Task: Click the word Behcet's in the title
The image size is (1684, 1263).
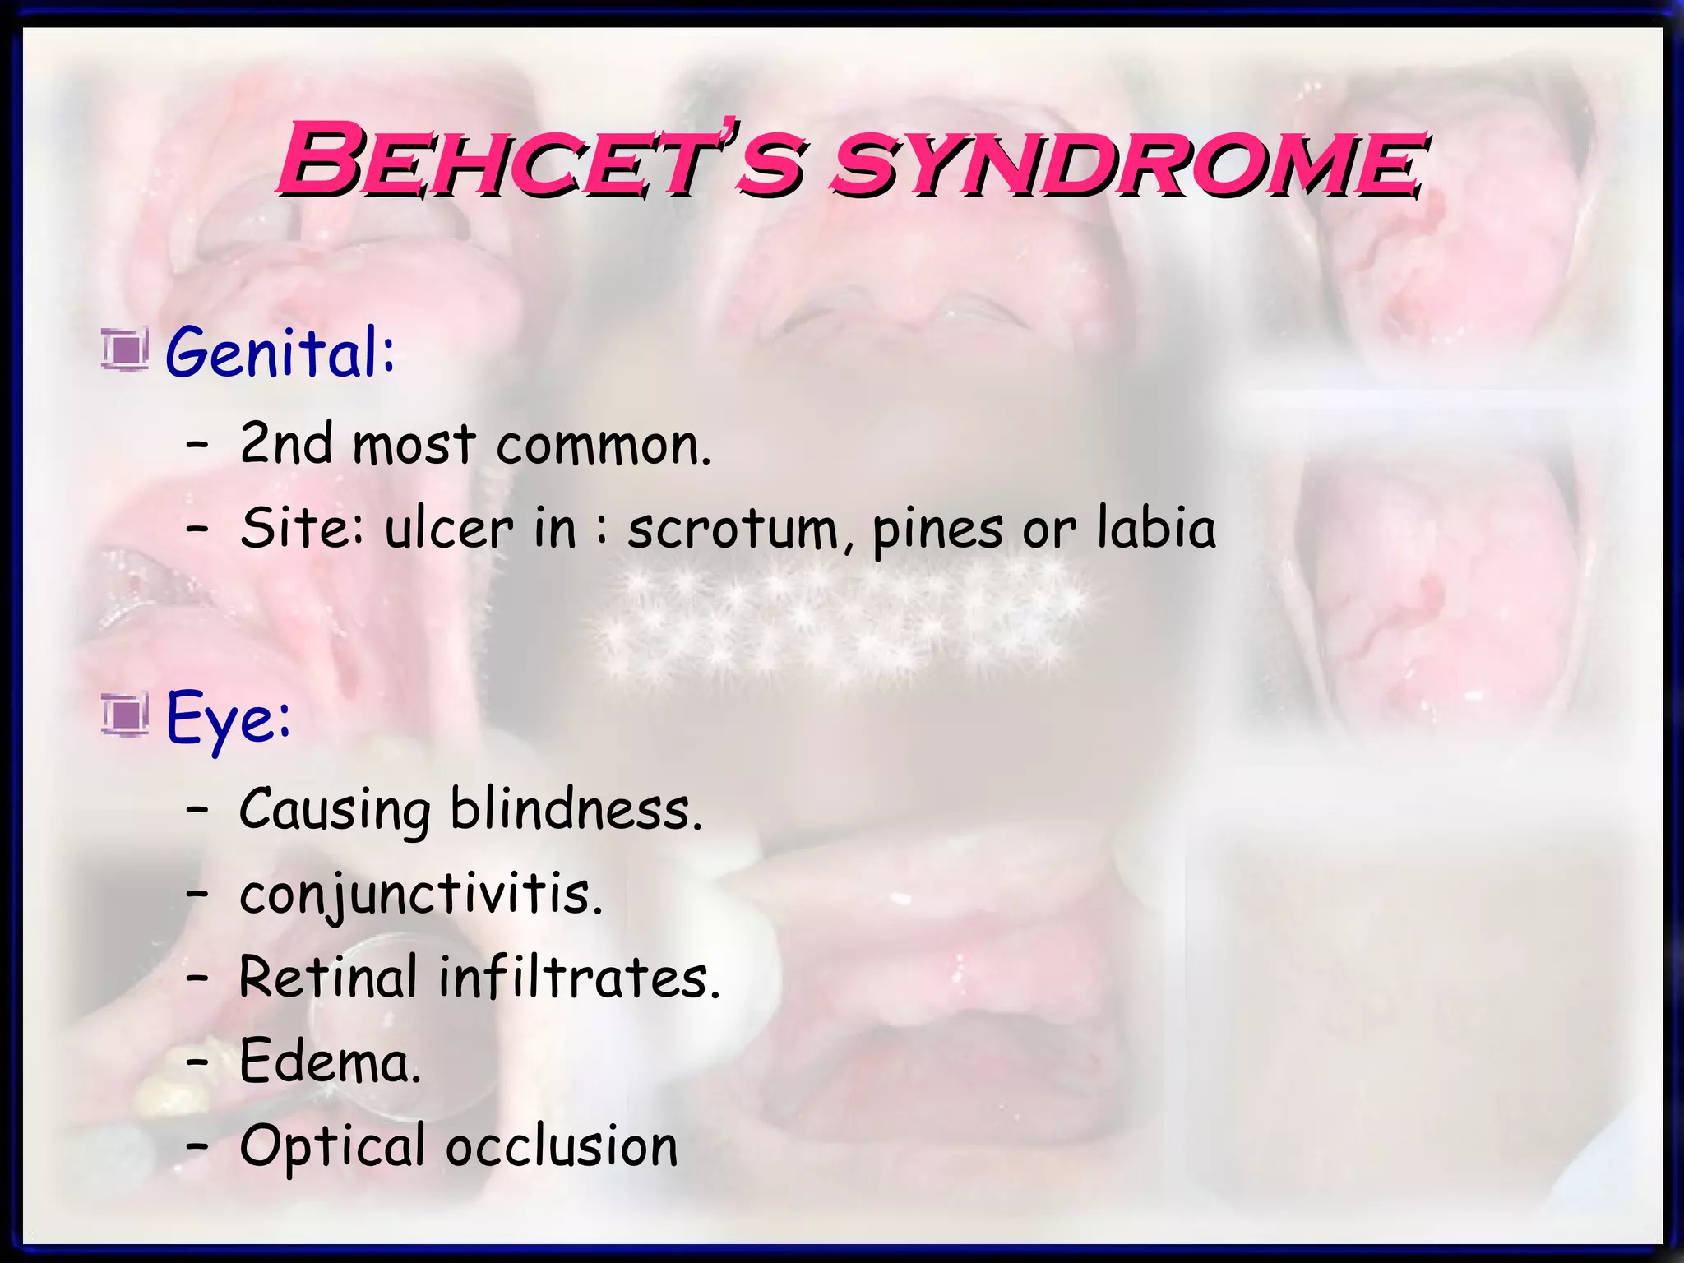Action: [539, 160]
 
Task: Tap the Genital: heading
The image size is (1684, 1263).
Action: [280, 354]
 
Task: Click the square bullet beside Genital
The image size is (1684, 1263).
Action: [125, 349]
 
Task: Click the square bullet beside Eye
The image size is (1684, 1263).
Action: [125, 714]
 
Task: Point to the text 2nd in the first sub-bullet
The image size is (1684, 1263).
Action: [285, 444]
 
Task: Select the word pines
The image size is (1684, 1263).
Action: [937, 530]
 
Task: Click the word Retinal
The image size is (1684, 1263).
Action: [328, 978]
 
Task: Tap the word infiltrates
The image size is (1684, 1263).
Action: [579, 978]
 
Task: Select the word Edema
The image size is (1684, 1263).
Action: [330, 1062]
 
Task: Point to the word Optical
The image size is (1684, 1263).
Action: [332, 1148]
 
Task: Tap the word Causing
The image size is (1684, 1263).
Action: [335, 812]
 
